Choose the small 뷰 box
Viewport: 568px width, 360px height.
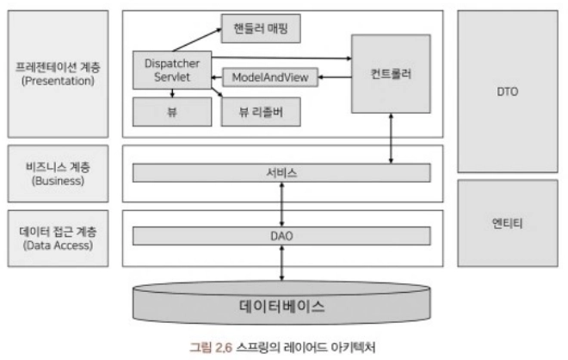click(172, 111)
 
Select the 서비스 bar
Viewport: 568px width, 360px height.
click(281, 173)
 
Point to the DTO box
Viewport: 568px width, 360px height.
click(508, 90)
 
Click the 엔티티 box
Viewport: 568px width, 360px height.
click(508, 222)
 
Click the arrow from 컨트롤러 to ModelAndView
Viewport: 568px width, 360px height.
click(335, 78)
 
